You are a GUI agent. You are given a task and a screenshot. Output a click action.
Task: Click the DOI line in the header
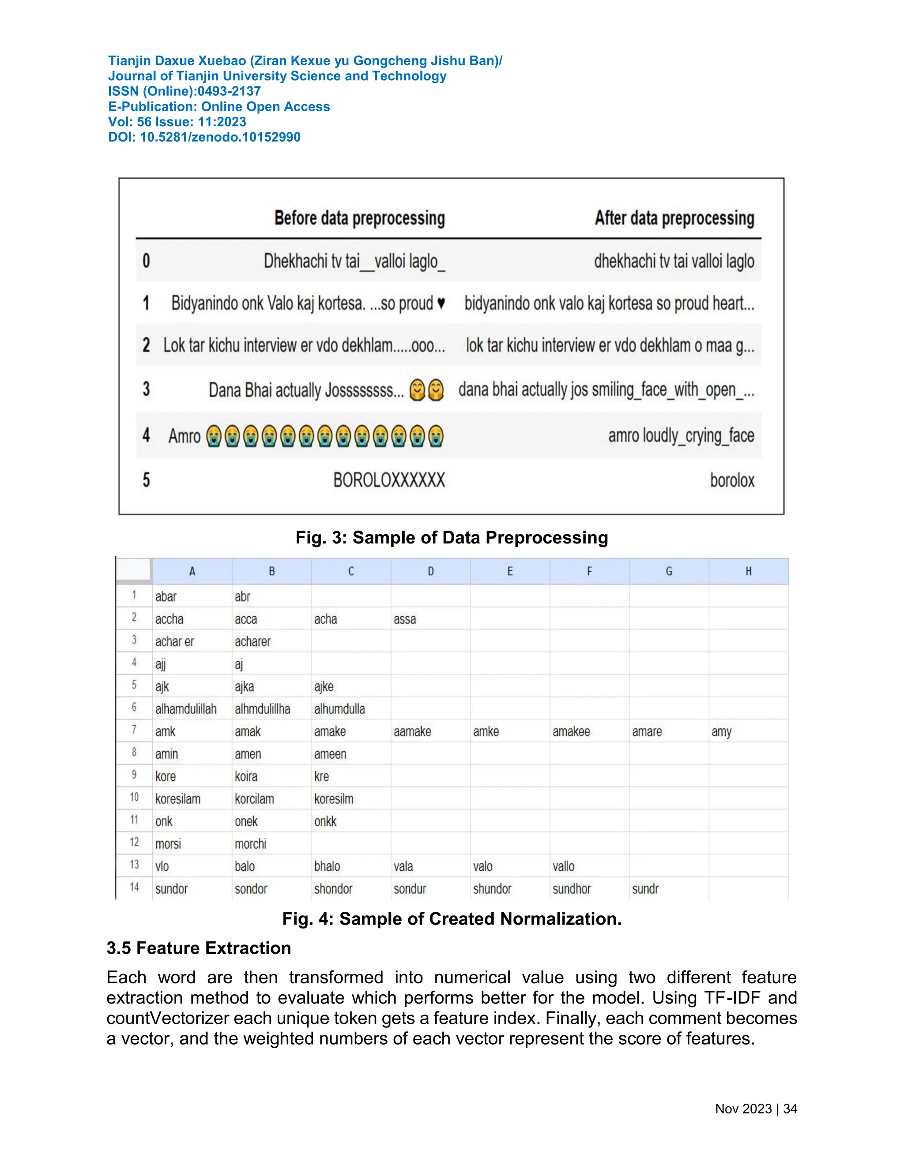204,137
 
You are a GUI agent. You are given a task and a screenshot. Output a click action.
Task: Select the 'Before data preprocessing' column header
359,218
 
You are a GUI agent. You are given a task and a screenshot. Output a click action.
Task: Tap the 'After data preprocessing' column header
674,218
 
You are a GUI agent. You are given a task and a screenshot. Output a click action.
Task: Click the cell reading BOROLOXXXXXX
389,480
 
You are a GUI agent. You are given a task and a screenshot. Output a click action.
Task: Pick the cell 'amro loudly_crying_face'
681,436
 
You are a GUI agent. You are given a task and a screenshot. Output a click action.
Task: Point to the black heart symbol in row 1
441,303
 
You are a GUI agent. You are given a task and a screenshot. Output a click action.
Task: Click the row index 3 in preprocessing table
146,389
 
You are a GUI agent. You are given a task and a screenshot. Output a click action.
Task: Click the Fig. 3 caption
452,537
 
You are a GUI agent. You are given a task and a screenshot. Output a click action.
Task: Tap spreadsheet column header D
430,572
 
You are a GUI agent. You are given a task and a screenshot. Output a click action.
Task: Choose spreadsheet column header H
748,572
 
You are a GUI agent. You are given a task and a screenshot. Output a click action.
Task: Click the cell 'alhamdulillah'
186,709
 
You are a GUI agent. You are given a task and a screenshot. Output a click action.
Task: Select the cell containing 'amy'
721,732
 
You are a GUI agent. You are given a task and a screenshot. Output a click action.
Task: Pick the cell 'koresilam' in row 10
178,799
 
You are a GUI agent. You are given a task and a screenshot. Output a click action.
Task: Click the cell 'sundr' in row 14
645,889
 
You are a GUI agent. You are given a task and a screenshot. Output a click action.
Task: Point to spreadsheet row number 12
134,843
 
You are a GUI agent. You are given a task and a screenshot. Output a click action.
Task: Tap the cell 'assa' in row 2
405,619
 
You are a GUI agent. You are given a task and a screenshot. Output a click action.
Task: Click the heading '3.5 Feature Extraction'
199,948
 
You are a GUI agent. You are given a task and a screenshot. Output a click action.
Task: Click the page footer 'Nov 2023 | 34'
756,1109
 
